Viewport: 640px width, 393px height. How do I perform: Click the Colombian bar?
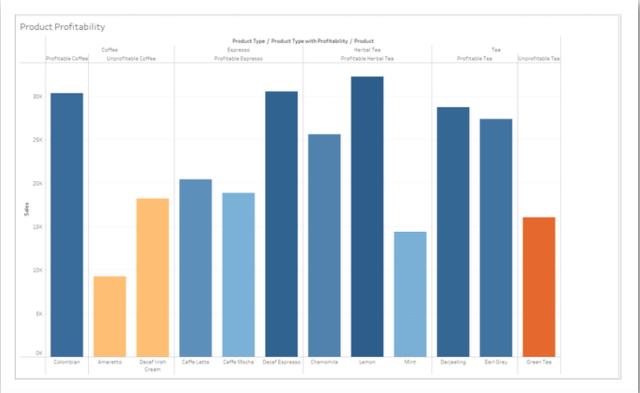point(67,225)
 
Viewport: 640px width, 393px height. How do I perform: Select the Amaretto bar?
point(109,316)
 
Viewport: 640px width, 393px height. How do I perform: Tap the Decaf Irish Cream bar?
point(153,277)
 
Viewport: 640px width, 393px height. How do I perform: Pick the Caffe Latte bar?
point(195,267)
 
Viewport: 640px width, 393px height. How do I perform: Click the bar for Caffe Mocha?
point(238,274)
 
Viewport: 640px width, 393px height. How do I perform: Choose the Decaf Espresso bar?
point(281,224)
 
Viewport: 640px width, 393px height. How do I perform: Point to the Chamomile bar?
point(324,245)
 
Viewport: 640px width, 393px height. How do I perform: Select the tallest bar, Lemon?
point(367,217)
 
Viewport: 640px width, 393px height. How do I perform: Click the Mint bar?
point(410,294)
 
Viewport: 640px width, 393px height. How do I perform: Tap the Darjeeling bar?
point(453,232)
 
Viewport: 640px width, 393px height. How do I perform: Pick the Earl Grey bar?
point(496,238)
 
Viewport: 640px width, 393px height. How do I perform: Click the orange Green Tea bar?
point(539,287)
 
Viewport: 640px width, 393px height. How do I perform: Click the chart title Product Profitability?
point(62,27)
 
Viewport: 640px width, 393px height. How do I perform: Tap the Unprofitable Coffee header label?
point(131,58)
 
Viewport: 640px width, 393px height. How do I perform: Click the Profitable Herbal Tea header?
point(367,58)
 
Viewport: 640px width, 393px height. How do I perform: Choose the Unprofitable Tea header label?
point(539,58)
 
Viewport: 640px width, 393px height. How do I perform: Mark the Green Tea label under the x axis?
point(539,362)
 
